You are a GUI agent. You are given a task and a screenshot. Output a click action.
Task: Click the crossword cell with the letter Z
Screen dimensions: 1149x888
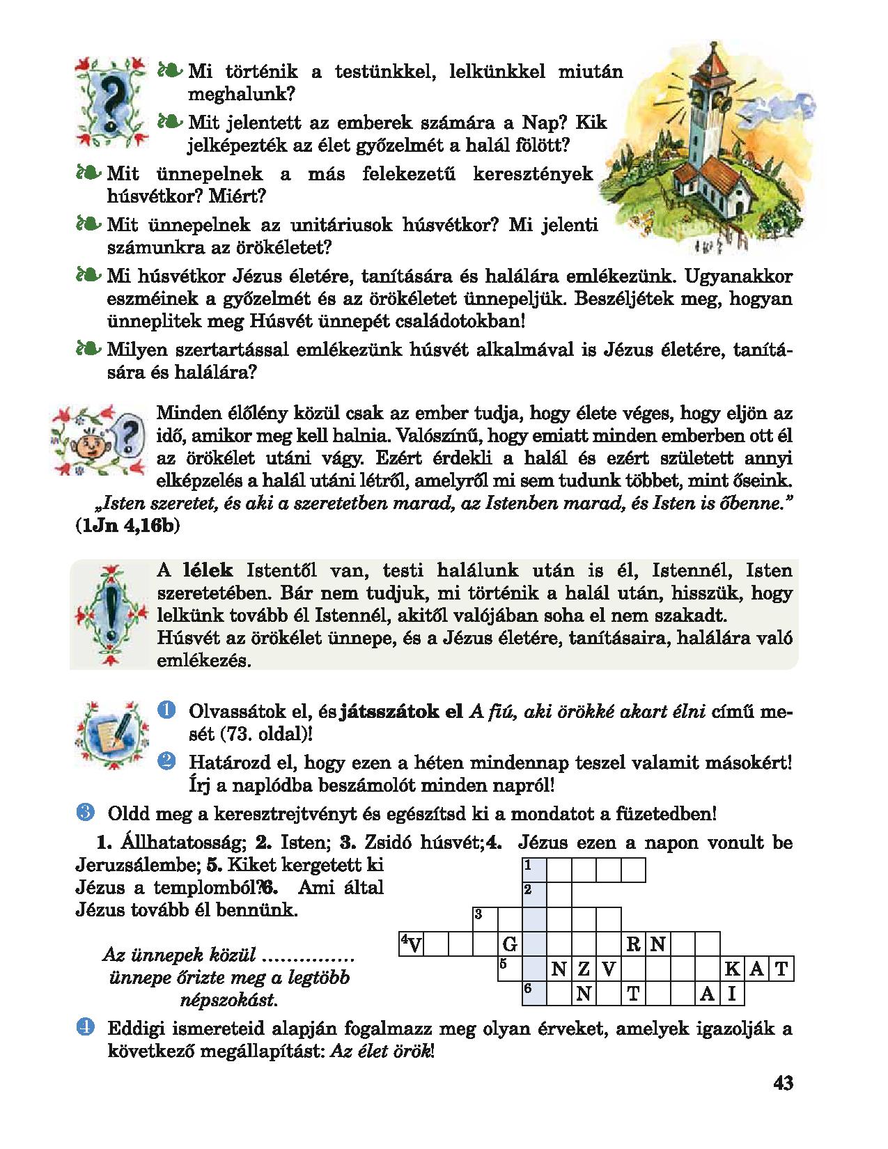584,969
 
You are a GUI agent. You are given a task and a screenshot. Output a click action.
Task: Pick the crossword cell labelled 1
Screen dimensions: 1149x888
533,870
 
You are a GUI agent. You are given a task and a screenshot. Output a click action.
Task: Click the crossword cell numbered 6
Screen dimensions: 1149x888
533,994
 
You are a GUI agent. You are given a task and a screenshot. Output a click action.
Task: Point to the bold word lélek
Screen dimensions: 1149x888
208,571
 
